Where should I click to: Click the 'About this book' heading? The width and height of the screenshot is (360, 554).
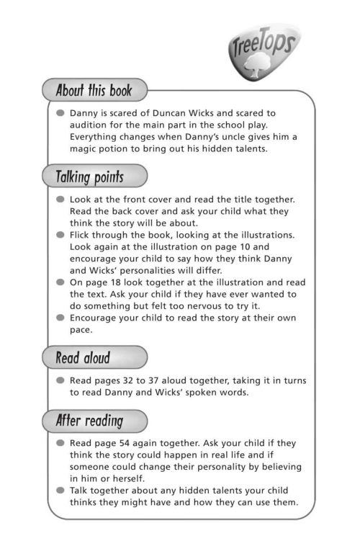click(x=97, y=91)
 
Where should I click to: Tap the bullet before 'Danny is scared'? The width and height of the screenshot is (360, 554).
click(x=60, y=113)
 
